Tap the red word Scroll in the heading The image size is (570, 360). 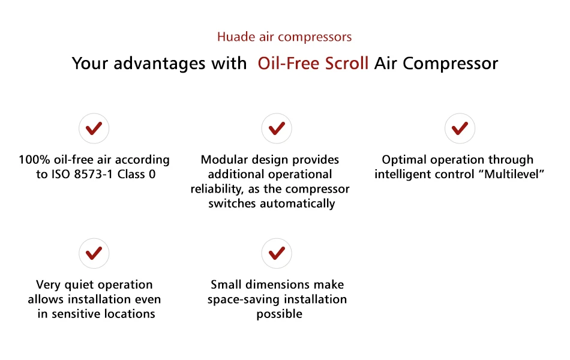click(346, 63)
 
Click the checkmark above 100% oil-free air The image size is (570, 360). click(94, 128)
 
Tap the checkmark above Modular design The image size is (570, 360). click(277, 128)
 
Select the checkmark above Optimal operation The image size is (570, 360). click(460, 128)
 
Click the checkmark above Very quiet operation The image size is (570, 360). click(94, 253)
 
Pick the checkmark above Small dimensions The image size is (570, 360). click(277, 253)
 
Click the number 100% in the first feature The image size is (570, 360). click(34, 160)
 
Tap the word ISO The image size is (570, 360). click(61, 174)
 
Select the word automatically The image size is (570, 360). click(298, 204)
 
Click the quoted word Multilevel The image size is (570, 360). click(512, 174)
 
